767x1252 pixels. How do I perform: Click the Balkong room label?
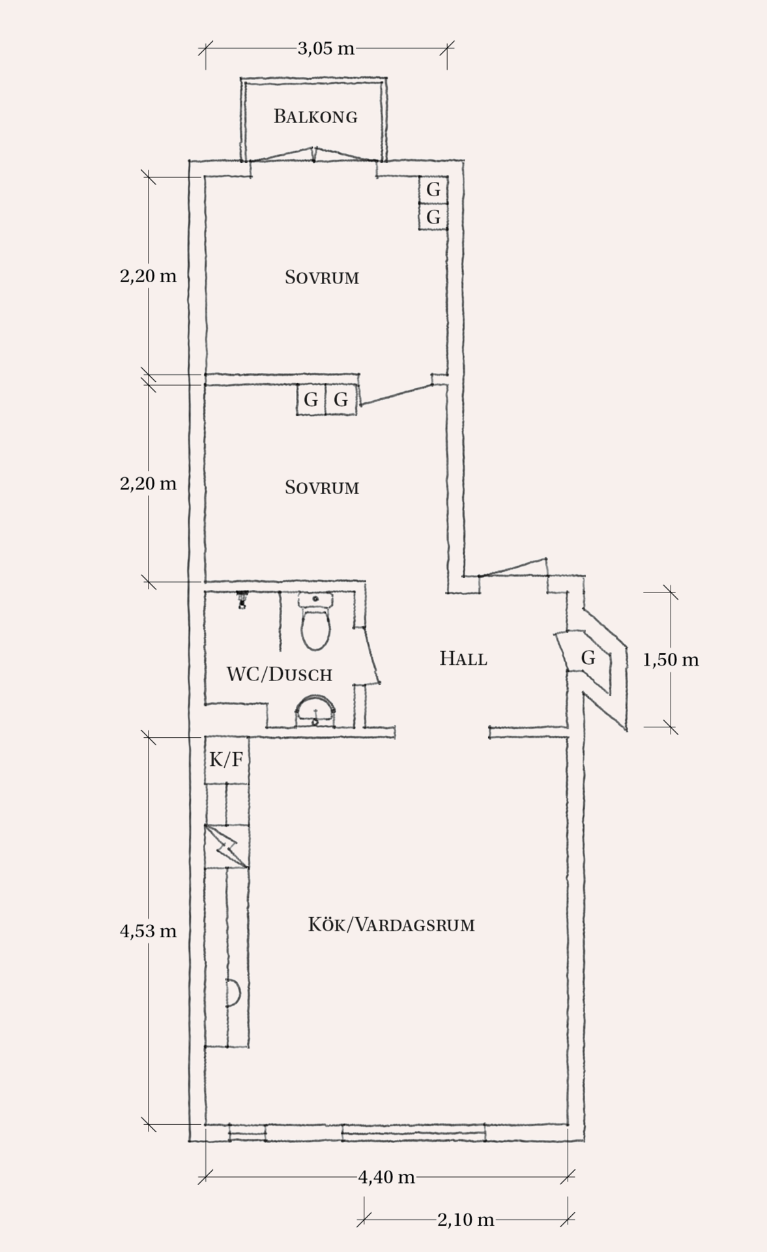point(315,117)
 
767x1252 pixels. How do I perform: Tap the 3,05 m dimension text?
point(326,48)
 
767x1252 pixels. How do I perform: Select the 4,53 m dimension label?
point(148,931)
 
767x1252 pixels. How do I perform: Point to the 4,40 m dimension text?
point(386,1177)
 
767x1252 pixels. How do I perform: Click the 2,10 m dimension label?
point(465,1219)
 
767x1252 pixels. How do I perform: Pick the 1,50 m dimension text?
point(671,660)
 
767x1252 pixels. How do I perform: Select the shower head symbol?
point(242,599)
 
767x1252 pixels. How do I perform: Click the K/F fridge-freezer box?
point(227,760)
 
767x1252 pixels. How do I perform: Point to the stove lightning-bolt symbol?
point(227,847)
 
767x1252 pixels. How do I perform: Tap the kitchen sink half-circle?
point(233,993)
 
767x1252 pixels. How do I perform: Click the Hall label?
point(463,658)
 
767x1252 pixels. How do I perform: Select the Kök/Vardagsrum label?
point(391,924)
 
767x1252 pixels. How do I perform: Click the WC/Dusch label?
point(280,674)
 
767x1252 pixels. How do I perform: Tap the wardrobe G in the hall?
point(588,658)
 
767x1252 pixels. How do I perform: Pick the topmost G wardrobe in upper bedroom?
point(433,190)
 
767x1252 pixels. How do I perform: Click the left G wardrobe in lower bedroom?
point(311,400)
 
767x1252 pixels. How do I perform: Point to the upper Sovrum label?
point(322,277)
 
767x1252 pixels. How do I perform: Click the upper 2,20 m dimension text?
point(148,276)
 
